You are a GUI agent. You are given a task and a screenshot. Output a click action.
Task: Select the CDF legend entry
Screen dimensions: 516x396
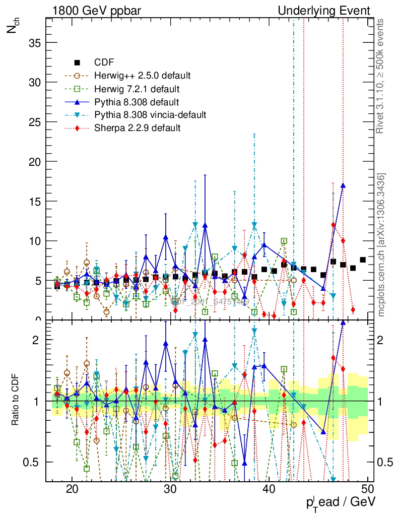[x=104, y=62]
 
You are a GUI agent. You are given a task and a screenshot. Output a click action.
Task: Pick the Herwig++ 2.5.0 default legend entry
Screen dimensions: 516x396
[x=142, y=76]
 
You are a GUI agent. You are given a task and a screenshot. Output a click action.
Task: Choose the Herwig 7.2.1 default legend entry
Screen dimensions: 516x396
[x=137, y=89]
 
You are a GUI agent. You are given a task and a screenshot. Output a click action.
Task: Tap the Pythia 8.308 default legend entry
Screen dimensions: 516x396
[x=137, y=102]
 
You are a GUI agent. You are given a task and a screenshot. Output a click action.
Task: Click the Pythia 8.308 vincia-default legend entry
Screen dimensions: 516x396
[x=150, y=115]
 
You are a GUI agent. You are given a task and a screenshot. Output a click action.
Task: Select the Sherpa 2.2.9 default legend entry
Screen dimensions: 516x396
[x=137, y=128]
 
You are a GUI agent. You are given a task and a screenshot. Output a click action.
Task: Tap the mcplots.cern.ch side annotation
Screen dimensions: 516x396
[x=381, y=244]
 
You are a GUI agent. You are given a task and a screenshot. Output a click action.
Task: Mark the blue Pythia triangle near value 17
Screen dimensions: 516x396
[x=343, y=185]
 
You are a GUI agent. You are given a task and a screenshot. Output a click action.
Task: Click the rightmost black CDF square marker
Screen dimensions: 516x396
[x=363, y=260]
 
